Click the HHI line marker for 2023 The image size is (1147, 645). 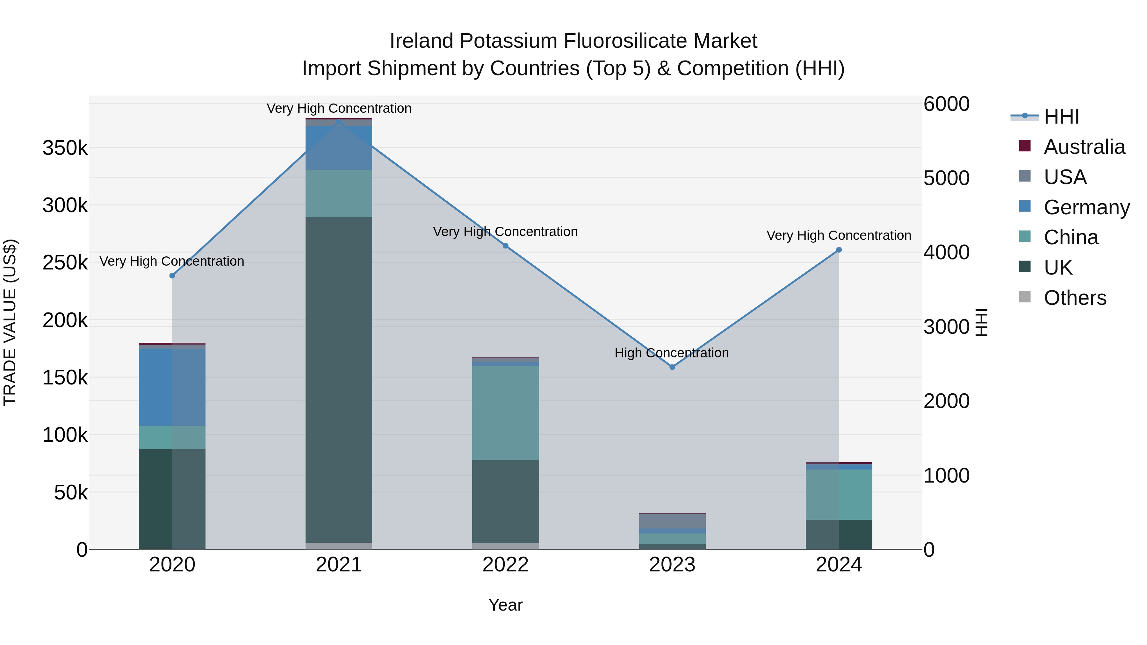672,367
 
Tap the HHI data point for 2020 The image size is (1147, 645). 172,276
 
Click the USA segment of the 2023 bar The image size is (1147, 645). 672,521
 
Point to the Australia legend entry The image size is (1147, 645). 1084,147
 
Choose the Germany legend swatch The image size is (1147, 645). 1025,206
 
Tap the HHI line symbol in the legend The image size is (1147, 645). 1025,116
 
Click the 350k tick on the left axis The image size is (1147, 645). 65,148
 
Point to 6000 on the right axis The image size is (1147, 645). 946,104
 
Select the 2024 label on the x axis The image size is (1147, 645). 839,565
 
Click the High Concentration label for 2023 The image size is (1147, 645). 671,353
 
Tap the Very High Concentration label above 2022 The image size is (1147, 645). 505,232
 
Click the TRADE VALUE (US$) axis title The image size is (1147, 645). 10,322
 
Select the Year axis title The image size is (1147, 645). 505,605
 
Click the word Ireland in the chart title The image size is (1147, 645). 421,41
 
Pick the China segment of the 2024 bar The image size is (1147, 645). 839,494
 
